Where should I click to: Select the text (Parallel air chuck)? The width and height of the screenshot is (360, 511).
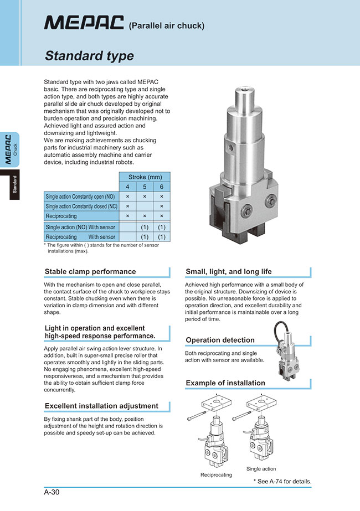tap(167, 25)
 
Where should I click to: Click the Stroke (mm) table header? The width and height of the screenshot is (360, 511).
tap(144, 177)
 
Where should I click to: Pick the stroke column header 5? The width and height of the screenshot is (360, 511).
tap(145, 187)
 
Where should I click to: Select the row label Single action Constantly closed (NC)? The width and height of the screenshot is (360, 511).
tap(80, 206)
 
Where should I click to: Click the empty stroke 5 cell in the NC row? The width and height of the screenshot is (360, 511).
tap(145, 206)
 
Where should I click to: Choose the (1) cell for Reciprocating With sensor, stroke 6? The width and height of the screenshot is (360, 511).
tap(162, 236)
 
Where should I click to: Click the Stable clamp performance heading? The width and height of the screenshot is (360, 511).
tap(90, 272)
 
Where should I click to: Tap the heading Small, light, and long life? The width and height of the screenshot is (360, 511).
tap(229, 272)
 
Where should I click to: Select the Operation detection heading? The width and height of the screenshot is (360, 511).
tap(220, 340)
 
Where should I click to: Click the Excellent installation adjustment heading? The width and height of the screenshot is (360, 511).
tap(101, 406)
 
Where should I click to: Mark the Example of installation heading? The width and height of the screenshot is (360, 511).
tap(225, 383)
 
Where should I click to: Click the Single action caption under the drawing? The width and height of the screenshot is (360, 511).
tap(261, 469)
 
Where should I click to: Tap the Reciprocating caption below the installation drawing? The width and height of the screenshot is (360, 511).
tap(216, 475)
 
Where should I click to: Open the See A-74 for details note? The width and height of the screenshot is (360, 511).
tap(282, 481)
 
